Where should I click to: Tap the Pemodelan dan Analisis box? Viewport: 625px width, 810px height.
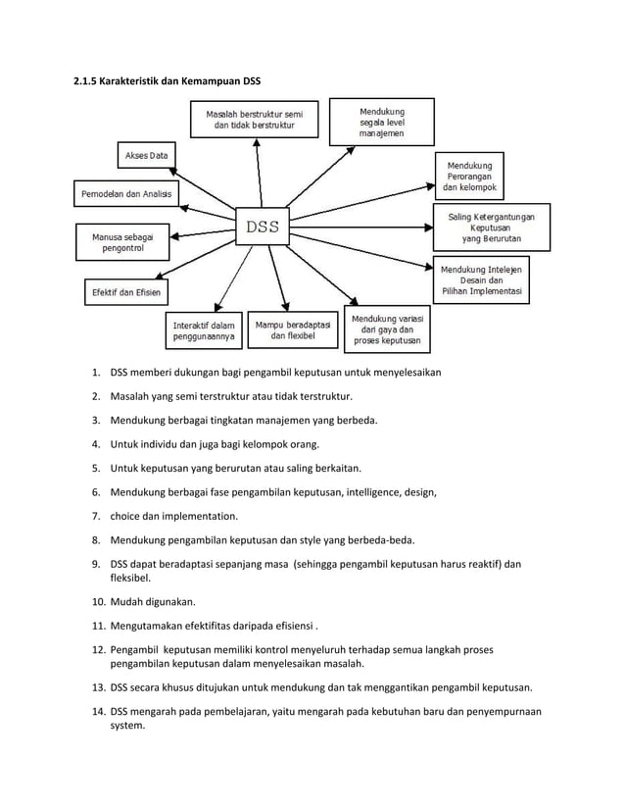[124, 194]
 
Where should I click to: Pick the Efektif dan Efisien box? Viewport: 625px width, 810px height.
[125, 291]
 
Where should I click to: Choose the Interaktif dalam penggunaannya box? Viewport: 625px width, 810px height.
[203, 330]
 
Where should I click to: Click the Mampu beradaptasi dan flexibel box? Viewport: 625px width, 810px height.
[291, 330]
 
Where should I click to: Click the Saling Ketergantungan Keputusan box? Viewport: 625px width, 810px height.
[484, 226]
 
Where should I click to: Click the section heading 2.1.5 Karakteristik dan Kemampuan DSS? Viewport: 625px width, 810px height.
[167, 78]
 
